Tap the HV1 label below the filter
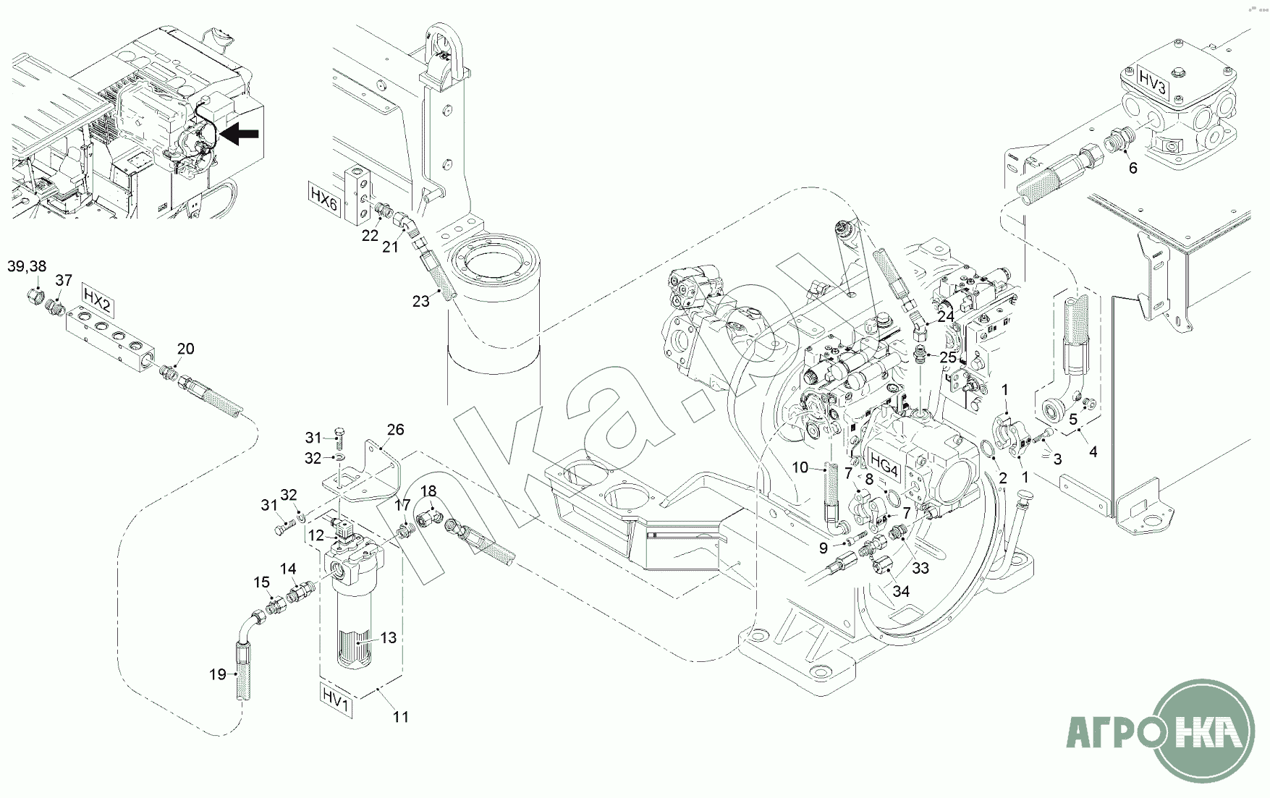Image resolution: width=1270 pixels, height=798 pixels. pyautogui.click(x=336, y=701)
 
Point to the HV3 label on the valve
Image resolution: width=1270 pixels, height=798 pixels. pyautogui.click(x=1152, y=77)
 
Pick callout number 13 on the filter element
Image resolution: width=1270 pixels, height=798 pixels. pyautogui.click(x=389, y=637)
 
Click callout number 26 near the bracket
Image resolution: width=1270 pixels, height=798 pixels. pyautogui.click(x=395, y=430)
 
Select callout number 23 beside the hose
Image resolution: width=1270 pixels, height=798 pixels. pyautogui.click(x=421, y=301)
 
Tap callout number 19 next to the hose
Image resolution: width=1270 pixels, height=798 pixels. pyautogui.click(x=218, y=674)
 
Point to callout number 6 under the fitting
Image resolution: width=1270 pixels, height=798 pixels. pyautogui.click(x=1133, y=168)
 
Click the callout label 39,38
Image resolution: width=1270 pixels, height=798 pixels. pyautogui.click(x=27, y=266)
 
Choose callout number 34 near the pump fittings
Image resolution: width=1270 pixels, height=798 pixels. pyautogui.click(x=900, y=591)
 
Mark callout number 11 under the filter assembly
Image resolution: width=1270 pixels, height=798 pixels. pyautogui.click(x=401, y=717)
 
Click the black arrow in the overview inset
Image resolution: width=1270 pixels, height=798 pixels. pyautogui.click(x=240, y=133)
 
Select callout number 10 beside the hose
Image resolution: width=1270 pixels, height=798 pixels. pyautogui.click(x=800, y=467)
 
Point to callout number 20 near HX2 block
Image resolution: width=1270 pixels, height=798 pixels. pyautogui.click(x=185, y=349)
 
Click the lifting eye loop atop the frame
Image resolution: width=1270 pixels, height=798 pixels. pyautogui.click(x=441, y=43)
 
